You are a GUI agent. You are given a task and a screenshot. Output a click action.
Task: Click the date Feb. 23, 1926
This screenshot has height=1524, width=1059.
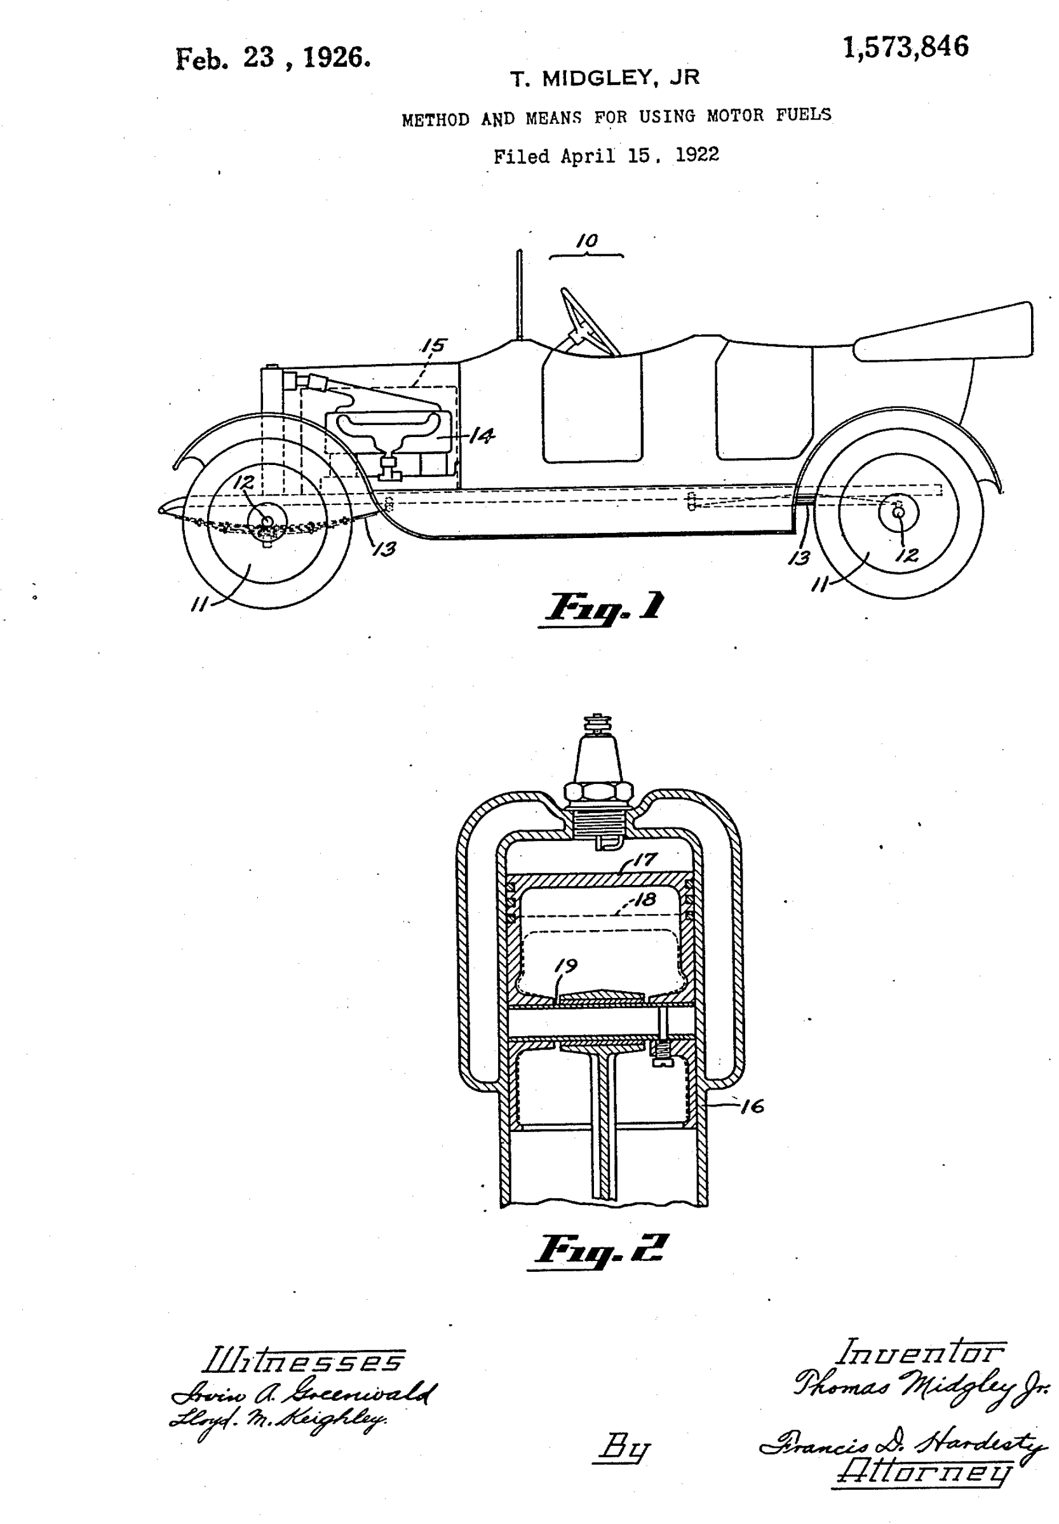tap(273, 58)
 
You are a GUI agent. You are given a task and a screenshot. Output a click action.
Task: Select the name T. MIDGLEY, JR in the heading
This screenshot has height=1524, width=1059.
tap(605, 78)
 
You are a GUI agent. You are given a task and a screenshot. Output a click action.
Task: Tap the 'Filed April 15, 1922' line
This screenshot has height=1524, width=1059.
tap(606, 156)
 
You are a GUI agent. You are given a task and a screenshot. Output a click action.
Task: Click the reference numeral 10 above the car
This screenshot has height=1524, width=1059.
tap(587, 241)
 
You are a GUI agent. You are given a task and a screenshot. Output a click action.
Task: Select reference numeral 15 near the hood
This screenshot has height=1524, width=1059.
tap(434, 346)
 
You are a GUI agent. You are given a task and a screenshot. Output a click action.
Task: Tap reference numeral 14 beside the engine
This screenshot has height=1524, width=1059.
tap(482, 435)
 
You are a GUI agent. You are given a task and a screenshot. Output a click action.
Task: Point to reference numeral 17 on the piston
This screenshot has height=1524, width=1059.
tap(644, 860)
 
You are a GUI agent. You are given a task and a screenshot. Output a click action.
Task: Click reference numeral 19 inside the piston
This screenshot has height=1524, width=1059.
tap(566, 966)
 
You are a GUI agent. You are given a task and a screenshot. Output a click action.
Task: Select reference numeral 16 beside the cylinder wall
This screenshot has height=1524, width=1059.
tap(752, 1106)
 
